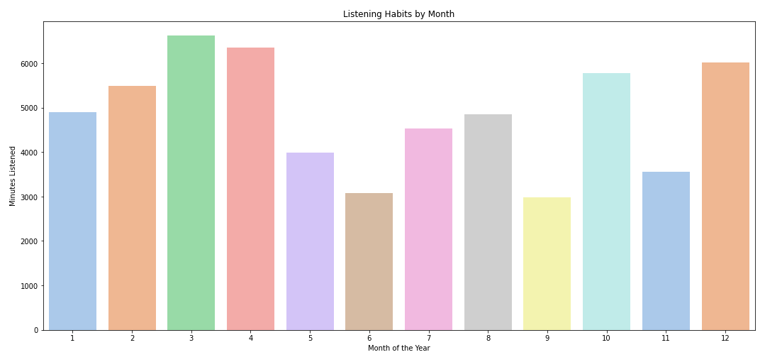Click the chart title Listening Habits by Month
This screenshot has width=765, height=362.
pos(398,14)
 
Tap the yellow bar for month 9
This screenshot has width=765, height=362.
pos(547,263)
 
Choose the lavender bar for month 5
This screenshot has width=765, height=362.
pos(310,241)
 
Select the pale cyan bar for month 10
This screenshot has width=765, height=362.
pos(606,202)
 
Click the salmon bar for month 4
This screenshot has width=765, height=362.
pos(250,189)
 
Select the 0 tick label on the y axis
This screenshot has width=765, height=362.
pos(36,330)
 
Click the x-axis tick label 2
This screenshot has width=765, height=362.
pos(132,339)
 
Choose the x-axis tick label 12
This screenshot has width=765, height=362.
pos(725,339)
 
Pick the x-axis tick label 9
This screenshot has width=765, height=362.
pos(547,339)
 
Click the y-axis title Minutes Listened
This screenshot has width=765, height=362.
pos(13,176)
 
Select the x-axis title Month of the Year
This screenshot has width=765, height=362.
pos(398,349)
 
